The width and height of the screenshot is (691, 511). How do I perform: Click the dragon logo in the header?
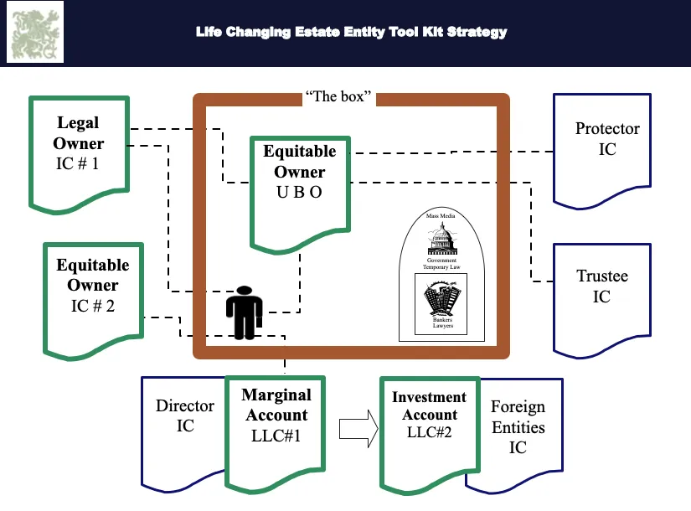tap(35, 32)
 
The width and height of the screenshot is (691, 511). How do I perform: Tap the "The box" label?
tap(338, 96)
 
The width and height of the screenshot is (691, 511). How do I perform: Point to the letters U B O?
tap(299, 192)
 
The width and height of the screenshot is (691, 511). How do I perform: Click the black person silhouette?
tap(244, 312)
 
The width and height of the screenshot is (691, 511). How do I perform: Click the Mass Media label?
tap(441, 215)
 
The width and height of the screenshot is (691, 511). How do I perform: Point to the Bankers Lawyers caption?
tap(442, 323)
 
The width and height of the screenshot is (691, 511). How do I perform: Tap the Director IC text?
tap(185, 416)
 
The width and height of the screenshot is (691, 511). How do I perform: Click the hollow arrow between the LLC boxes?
tap(358, 429)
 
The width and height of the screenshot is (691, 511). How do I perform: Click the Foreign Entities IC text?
tap(518, 426)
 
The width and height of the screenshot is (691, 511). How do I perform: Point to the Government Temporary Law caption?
tap(441, 264)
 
